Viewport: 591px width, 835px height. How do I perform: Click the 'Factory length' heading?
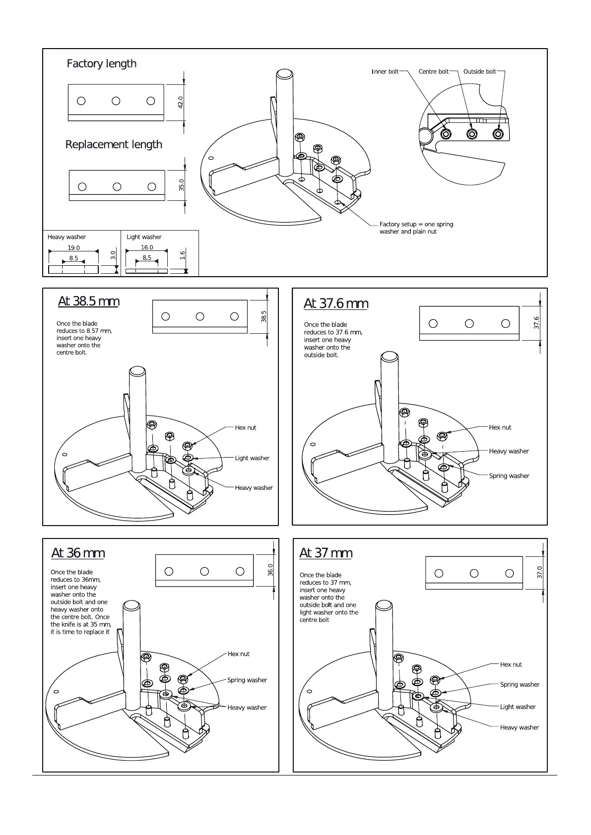(101, 63)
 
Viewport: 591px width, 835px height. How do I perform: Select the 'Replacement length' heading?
(114, 144)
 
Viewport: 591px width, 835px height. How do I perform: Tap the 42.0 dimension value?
(181, 102)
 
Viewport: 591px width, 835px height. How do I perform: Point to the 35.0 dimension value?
(182, 185)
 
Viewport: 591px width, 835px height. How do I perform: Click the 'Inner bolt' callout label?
(385, 72)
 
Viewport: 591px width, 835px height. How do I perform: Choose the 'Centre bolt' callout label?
(433, 72)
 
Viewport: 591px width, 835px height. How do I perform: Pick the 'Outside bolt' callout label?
(479, 72)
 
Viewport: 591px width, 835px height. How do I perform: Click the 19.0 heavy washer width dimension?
(73, 248)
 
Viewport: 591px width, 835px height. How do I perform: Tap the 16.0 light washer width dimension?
(147, 247)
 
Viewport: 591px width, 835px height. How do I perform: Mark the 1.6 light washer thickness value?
(183, 255)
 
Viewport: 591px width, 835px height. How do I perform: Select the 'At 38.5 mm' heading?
(88, 301)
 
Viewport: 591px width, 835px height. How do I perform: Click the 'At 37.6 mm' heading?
(335, 303)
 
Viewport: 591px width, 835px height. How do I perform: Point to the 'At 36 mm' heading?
(78, 553)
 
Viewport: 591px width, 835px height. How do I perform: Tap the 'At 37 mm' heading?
(326, 552)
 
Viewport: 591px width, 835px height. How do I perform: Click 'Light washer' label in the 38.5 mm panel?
(252, 458)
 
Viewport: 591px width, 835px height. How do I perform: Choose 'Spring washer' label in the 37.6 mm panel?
(509, 476)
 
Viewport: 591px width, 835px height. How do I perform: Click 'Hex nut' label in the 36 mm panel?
(238, 654)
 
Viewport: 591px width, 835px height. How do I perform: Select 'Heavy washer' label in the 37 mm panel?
(519, 727)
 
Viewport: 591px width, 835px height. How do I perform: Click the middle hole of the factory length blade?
(116, 101)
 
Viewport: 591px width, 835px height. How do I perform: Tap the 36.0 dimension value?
(270, 570)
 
